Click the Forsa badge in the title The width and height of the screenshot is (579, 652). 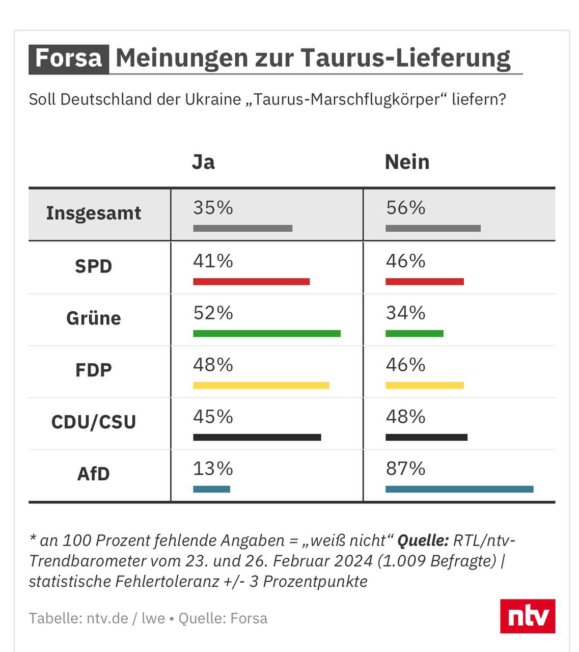pos(68,58)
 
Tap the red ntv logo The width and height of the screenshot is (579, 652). pos(527,616)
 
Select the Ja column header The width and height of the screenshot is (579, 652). pos(203,162)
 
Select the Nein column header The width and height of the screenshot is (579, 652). pos(407,162)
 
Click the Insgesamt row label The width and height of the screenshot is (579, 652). pos(94,213)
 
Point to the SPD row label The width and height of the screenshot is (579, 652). pos(94,266)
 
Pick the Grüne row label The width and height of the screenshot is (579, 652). pos(94,318)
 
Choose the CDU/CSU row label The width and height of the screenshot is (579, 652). pos(94,422)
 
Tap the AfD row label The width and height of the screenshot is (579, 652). pos(94,474)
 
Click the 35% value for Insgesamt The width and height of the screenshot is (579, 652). pos(213,208)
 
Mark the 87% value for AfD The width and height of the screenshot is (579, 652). pos(405,469)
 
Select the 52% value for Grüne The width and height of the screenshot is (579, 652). pos(213,313)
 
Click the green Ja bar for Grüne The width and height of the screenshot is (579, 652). pos(267,334)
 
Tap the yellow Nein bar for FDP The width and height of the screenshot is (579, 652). pos(425,386)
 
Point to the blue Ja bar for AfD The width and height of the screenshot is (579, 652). pos(212,490)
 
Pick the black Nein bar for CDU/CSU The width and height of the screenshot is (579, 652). pos(426,438)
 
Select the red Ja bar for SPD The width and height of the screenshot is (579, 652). pos(252,282)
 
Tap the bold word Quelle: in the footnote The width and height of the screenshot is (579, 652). pos(423,540)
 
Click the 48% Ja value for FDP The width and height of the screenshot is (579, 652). pos(213,365)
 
